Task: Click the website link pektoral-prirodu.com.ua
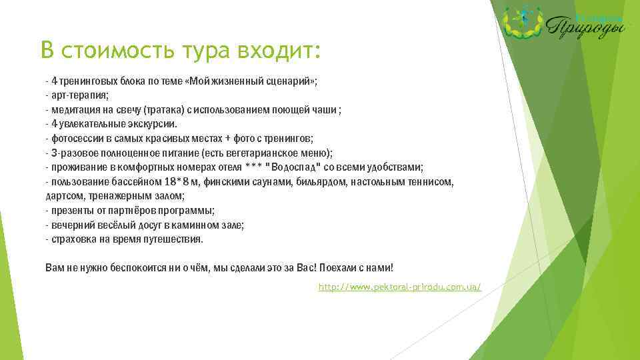coord(400,287)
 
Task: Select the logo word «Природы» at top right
coord(587,27)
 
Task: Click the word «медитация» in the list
coord(73,110)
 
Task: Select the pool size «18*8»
coord(175,182)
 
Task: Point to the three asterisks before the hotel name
coord(253,167)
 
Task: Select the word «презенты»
coord(70,211)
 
